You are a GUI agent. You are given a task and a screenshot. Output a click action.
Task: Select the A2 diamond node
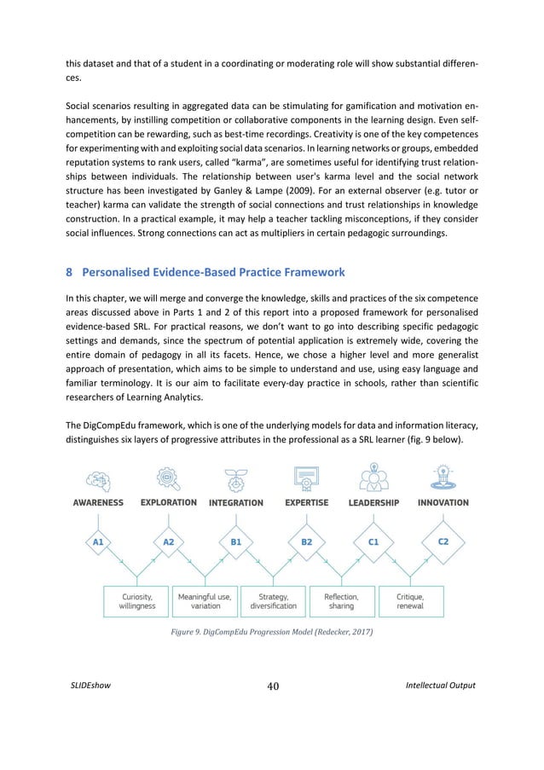click(x=168, y=541)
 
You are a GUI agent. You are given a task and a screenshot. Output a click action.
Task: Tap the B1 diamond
click(x=235, y=541)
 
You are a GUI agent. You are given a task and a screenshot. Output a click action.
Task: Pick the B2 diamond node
click(x=304, y=541)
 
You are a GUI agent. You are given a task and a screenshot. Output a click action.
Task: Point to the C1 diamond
click(x=373, y=541)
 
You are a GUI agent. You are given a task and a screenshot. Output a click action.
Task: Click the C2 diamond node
click(x=443, y=541)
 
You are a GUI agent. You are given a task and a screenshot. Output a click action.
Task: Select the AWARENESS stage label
click(x=95, y=502)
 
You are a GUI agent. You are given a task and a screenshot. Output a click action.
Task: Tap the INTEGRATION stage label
click(x=236, y=503)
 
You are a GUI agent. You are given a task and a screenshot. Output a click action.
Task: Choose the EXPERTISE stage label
click(x=304, y=503)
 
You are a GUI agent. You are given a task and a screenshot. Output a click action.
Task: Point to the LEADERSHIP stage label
click(x=373, y=503)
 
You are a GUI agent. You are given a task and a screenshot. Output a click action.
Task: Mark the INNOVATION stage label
click(x=443, y=502)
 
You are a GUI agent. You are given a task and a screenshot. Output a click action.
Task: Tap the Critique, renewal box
click(x=407, y=601)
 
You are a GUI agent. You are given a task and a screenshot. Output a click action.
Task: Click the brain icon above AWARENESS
click(x=96, y=476)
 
